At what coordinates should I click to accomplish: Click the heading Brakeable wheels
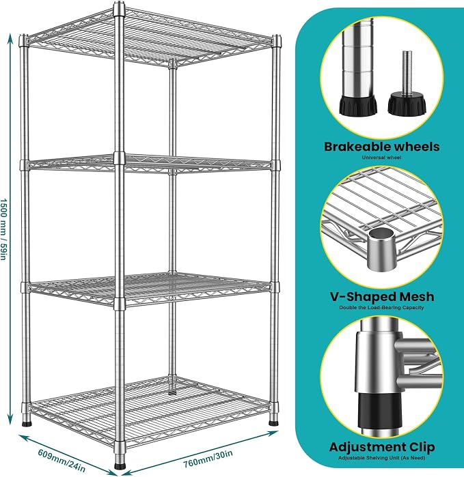382,147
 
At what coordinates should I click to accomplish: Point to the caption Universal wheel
382,158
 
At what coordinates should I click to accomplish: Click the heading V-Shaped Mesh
382,297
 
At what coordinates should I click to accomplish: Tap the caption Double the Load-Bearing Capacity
382,308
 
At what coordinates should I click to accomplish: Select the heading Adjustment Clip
382,447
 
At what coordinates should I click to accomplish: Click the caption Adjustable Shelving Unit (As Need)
382,458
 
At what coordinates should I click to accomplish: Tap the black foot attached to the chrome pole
358,106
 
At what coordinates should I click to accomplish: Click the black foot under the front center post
120,466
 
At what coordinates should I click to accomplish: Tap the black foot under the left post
27,422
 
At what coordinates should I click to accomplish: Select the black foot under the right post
274,422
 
